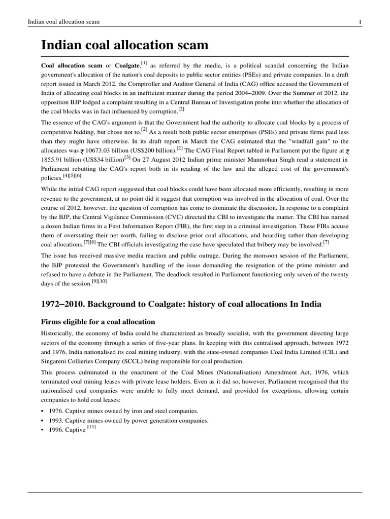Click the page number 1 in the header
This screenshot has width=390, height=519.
(x=360, y=22)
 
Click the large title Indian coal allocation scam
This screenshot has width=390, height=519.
(x=124, y=45)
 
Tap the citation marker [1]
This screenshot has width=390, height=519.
(x=145, y=63)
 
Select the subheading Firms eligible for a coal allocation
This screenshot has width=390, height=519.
(x=97, y=322)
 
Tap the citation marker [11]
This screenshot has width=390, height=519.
(x=92, y=428)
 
